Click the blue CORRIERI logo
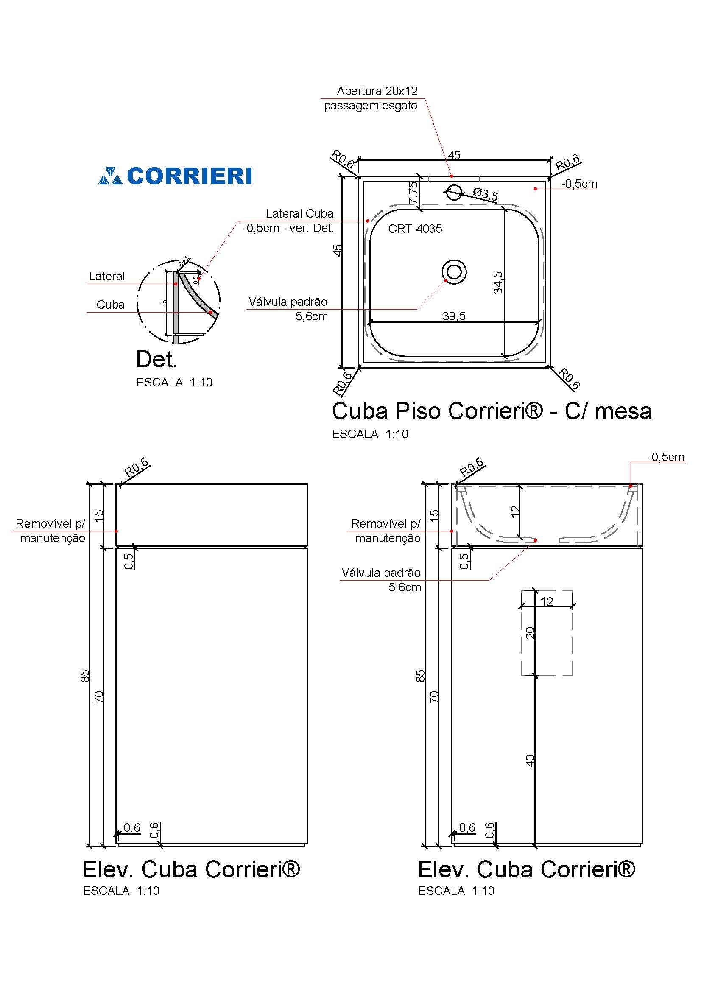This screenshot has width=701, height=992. pos(175,176)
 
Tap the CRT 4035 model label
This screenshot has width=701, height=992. pos(415,229)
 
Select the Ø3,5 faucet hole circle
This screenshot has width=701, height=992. pos(453,192)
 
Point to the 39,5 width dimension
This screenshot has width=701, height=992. pos(454,316)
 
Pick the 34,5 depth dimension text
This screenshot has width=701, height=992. pos(498,282)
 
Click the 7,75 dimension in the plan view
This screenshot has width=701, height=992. pos(413,193)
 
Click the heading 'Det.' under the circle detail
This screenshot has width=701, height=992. pos(156,360)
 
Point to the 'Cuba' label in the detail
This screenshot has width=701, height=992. pos(111,305)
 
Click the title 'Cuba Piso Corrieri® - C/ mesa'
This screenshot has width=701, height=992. pos(492,411)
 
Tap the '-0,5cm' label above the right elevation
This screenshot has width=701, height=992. pos(665,457)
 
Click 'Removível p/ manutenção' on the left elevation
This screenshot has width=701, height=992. pos(51,531)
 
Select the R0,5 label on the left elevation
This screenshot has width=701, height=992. pos(137,467)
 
